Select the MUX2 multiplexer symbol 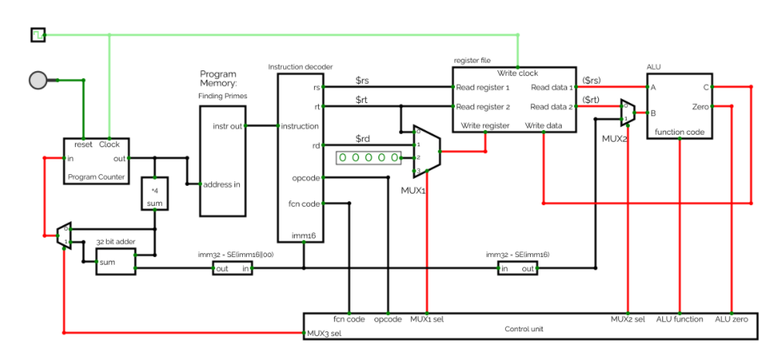point(627,112)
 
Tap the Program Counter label point(97,177)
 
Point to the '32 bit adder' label point(115,242)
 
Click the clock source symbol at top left point(38,34)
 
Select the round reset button point(38,80)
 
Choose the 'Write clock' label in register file point(518,73)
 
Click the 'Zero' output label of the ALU point(698,106)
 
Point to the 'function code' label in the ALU point(679,132)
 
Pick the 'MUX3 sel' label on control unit point(326,334)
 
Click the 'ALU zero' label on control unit point(731,319)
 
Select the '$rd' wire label point(363,139)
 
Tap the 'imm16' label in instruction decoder point(303,235)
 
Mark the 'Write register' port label point(485,125)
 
